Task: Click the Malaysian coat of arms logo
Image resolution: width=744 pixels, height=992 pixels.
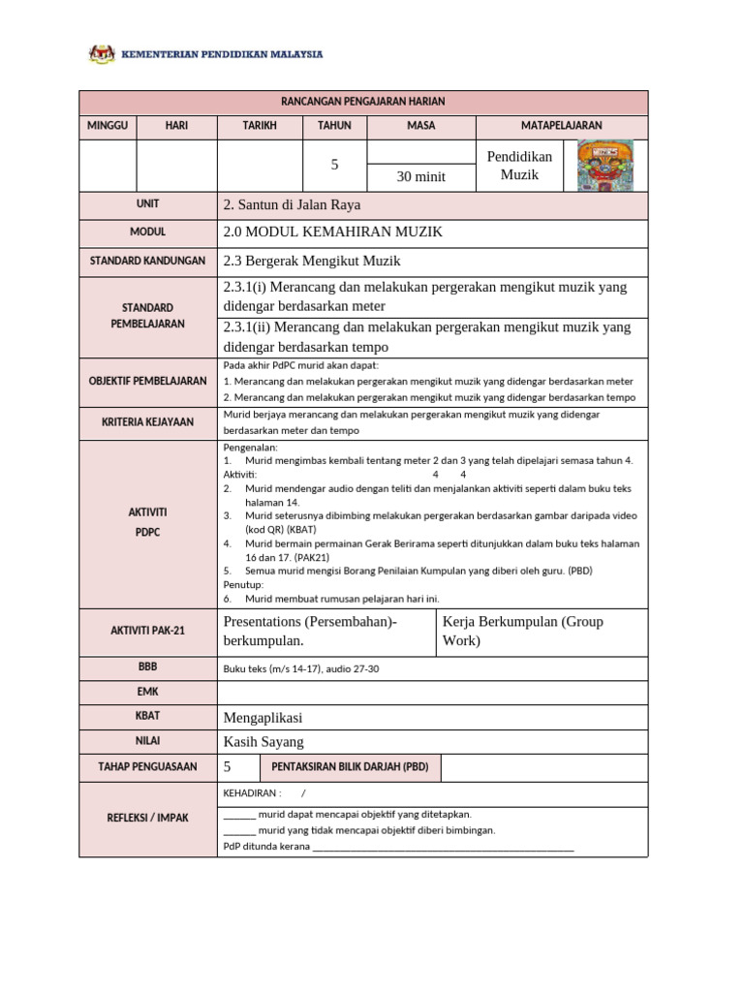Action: [102, 54]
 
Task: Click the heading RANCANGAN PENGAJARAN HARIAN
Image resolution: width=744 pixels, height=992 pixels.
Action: [363, 102]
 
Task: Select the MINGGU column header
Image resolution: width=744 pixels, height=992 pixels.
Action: [108, 126]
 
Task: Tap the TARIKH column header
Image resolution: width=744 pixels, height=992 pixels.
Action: [260, 126]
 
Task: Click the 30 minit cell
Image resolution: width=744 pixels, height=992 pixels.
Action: [421, 176]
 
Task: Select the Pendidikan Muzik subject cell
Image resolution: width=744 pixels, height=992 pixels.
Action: [518, 166]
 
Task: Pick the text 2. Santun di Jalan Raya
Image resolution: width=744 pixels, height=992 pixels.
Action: [292, 205]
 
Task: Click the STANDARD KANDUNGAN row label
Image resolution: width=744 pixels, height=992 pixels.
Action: [148, 262]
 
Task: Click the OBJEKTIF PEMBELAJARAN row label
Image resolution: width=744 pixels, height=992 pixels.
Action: [148, 381]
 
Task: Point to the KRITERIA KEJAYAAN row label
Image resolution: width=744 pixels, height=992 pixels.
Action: [148, 422]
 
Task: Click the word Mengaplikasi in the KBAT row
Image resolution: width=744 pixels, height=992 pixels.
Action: [263, 718]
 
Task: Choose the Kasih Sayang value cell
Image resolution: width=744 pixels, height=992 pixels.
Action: [263, 742]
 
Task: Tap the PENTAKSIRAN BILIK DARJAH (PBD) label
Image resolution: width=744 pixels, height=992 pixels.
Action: [350, 767]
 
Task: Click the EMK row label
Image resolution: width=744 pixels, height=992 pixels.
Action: [148, 692]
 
